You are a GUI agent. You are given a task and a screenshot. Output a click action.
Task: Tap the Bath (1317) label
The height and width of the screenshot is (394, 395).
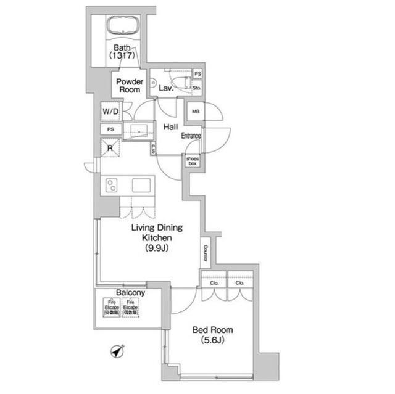click(121, 51)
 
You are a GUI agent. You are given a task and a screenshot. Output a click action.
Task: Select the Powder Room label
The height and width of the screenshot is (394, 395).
click(130, 86)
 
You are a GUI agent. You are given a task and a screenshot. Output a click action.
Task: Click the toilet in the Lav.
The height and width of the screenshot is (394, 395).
click(180, 81)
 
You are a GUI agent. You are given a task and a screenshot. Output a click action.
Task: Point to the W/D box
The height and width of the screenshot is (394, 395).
click(112, 112)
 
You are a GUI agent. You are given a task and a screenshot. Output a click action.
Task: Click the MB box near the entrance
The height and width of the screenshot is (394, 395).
click(195, 112)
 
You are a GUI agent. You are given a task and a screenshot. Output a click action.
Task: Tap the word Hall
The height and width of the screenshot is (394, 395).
click(171, 127)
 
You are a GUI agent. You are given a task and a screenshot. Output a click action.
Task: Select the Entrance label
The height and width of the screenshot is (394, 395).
click(191, 136)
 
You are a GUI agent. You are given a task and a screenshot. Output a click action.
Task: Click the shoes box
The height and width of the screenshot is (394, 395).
click(193, 160)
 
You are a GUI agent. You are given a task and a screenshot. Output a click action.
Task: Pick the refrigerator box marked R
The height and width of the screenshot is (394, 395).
click(111, 147)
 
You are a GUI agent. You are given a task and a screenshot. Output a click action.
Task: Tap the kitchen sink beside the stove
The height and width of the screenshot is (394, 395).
click(141, 185)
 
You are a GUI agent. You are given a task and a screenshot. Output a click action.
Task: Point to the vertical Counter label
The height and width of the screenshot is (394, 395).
click(206, 252)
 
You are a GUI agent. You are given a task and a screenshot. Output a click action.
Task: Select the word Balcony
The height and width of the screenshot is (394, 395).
click(130, 293)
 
